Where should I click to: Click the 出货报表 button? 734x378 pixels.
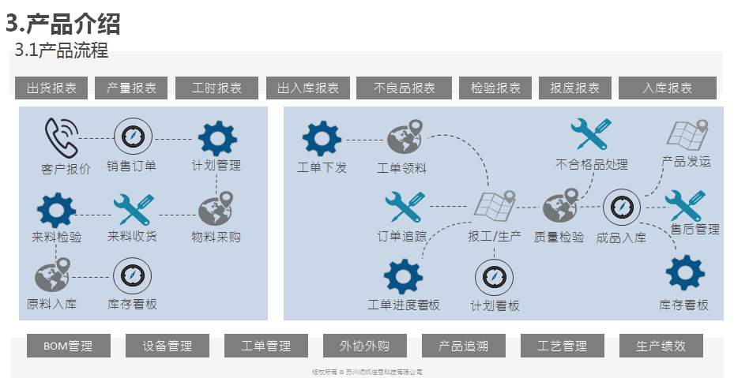51,88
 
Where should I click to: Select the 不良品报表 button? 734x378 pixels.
405,88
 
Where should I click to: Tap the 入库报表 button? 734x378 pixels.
667,88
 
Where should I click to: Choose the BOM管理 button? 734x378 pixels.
68,346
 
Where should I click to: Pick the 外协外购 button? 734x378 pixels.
364,346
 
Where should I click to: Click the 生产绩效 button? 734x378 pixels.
661,346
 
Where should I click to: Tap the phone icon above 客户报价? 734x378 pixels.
60,137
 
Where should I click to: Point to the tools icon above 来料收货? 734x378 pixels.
133,211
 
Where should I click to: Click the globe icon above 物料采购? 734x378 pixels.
216,211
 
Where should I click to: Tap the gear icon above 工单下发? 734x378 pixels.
322,139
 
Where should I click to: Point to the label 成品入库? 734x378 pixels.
620,237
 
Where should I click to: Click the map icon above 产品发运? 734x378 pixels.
687,136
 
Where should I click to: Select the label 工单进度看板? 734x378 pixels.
404,305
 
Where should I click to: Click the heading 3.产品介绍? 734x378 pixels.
63,23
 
